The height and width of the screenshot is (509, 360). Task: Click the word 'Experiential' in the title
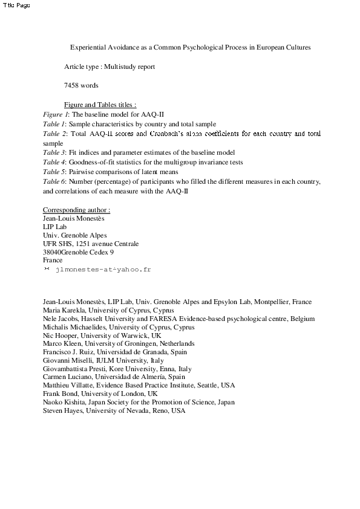click(x=89, y=47)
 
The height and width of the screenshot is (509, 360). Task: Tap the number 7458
click(x=72, y=86)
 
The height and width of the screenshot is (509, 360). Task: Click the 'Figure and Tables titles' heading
click(x=100, y=105)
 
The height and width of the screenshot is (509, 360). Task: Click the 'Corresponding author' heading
click(x=76, y=210)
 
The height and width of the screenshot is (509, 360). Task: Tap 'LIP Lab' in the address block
click(x=55, y=227)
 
